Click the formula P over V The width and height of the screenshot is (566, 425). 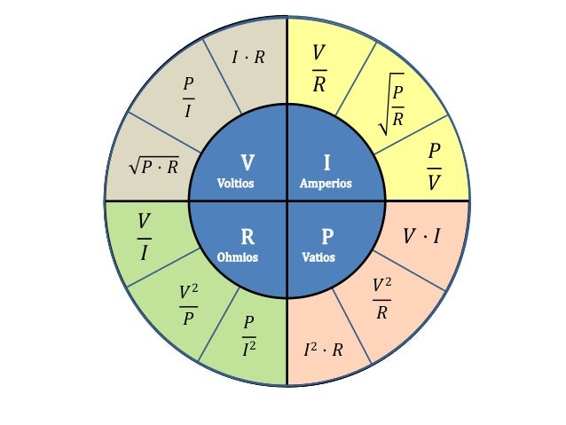pos(434,165)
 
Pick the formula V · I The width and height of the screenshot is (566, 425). pos(421,236)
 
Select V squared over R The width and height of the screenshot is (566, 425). pos(381,298)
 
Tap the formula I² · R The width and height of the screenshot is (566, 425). pos(323,350)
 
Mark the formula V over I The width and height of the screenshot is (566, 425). pos(144,237)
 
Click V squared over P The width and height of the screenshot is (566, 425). pos(188,304)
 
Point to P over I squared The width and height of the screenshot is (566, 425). pos(249,338)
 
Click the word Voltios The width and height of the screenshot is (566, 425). pos(236,184)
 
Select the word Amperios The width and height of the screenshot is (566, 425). pos(326,184)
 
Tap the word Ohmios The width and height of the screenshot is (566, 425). pos(237,257)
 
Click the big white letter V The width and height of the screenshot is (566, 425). pos(248,163)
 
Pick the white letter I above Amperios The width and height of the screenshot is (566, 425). pos(326,163)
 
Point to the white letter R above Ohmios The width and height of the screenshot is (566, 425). pos(248,237)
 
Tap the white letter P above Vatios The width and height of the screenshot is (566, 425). pos(327,237)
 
